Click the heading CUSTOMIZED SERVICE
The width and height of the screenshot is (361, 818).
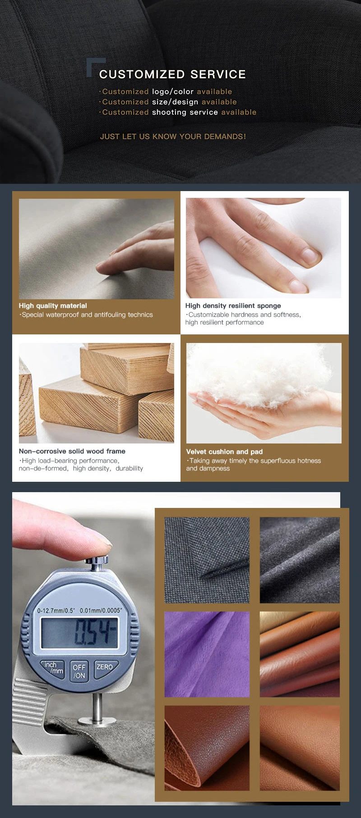point(172,74)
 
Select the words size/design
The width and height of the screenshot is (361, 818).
point(175,102)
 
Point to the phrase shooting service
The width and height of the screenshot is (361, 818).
point(185,112)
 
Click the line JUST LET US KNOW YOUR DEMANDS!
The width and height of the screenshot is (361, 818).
point(173,137)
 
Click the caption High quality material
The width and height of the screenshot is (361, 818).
point(53,306)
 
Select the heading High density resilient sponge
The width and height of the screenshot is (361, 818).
point(233,306)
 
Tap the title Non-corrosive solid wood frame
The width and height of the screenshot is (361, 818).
point(72,451)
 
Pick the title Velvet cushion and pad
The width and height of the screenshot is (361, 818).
point(224,452)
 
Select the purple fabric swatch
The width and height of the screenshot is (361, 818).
point(207,654)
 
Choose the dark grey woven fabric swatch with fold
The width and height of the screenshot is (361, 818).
point(207,560)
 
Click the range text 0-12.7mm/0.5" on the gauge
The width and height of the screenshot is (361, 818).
point(56,611)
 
